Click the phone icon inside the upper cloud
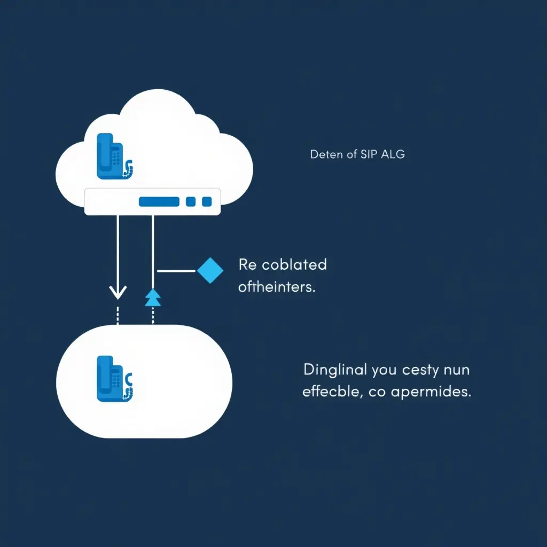pos(113,155)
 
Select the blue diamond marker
pos(210,270)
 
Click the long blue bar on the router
pos(159,201)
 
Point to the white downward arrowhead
pos(118,292)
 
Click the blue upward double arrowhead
pos(153,297)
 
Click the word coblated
pos(294,264)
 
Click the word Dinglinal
pos(335,369)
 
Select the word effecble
pos(330,392)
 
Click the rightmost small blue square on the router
pos(207,201)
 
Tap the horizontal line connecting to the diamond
pos(176,271)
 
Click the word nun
pos(458,369)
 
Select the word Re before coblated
pos(248,264)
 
